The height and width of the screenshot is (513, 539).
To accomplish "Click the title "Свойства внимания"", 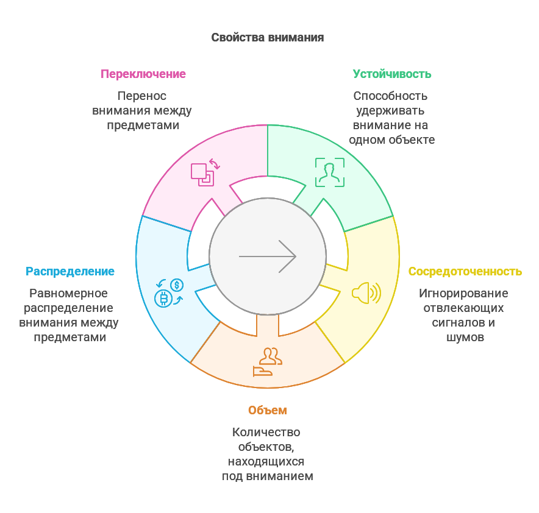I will pyautogui.click(x=267, y=38).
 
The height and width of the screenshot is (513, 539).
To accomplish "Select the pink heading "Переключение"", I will pyautogui.click(x=143, y=74).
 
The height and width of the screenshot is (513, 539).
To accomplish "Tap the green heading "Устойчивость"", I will pyautogui.click(x=391, y=74).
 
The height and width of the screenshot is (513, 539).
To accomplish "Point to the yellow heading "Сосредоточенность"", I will pyautogui.click(x=465, y=271).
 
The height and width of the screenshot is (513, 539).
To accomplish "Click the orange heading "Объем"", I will pyautogui.click(x=267, y=410).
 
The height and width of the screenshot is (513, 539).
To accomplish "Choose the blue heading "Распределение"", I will pyautogui.click(x=70, y=271).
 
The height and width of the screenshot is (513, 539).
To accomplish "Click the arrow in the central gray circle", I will pyautogui.click(x=267, y=256).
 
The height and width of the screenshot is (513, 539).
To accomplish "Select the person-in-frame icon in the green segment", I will pyautogui.click(x=329, y=172).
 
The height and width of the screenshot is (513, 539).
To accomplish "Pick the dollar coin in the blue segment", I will pyautogui.click(x=177, y=285).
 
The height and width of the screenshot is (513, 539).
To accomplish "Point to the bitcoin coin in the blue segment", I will pyautogui.click(x=163, y=299).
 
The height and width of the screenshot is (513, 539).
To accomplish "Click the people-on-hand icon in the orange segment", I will pyautogui.click(x=267, y=363).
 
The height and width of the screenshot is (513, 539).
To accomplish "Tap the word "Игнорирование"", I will pyautogui.click(x=463, y=293).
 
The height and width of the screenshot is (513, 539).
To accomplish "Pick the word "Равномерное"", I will pyautogui.click(x=69, y=293).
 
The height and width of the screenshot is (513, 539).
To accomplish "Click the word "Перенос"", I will pyautogui.click(x=141, y=96).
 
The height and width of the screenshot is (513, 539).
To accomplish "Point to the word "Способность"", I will pyautogui.click(x=390, y=96).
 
